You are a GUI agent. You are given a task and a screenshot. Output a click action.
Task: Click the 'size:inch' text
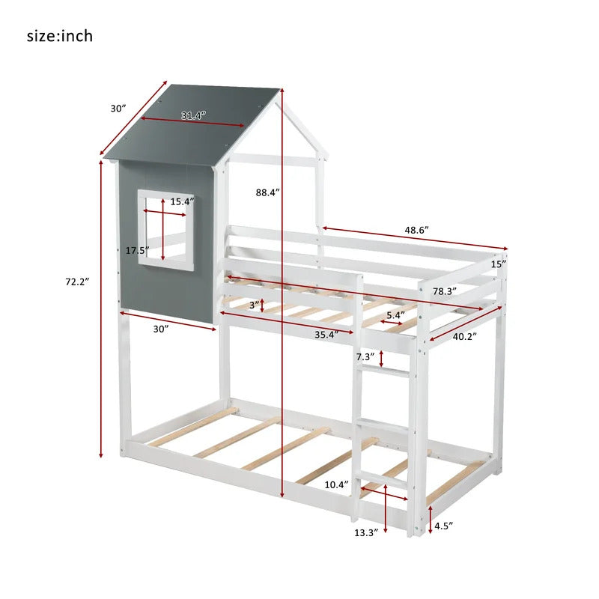click(x=60, y=36)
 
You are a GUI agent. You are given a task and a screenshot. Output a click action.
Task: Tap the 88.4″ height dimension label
click(x=268, y=192)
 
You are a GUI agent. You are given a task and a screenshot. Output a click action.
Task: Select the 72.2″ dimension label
click(x=77, y=282)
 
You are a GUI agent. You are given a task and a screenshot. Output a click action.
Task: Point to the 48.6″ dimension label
click(x=417, y=230)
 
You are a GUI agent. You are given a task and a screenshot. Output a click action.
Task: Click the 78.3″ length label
click(x=445, y=291)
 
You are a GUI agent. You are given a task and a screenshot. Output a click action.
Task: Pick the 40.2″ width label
click(x=465, y=336)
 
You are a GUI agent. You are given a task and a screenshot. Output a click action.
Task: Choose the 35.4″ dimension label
click(x=326, y=335)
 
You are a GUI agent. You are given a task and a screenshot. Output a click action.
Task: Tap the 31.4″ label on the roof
click(x=194, y=115)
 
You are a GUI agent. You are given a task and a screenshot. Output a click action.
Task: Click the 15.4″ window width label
click(x=182, y=201)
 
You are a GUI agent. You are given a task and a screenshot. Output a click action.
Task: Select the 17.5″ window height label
click(x=138, y=251)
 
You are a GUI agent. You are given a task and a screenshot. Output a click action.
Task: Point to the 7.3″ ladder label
click(x=365, y=357)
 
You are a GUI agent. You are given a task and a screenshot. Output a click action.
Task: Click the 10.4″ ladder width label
click(x=336, y=484)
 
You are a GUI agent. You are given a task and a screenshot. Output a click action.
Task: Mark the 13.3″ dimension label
click(x=366, y=532)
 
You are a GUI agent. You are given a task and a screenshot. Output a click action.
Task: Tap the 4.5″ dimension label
click(x=443, y=526)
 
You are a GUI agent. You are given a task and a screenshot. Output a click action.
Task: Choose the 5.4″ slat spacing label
click(x=396, y=315)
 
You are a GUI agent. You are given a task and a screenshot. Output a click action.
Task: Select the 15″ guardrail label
click(x=499, y=264)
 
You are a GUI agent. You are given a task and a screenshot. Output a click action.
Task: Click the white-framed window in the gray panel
click(x=165, y=231)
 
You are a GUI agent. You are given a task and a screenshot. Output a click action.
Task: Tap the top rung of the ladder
click(x=385, y=371)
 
